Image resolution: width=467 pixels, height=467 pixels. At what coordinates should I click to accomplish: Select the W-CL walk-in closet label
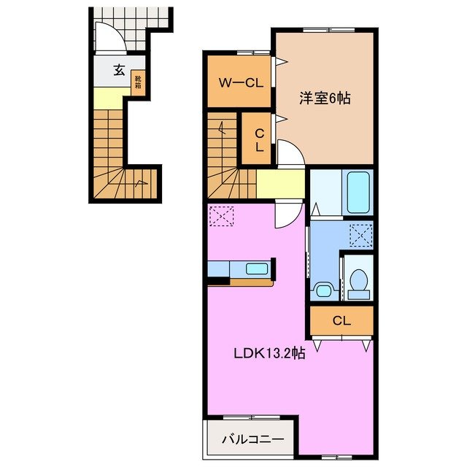click(237, 82)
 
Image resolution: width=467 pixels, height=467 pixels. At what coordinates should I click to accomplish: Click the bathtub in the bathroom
click(358, 192)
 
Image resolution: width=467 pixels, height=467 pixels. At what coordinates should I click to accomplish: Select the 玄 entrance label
click(117, 70)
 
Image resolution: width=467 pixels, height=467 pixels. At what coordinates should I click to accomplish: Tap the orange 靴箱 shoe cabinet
click(137, 82)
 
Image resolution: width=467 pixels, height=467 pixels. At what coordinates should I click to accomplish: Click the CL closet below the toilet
click(341, 320)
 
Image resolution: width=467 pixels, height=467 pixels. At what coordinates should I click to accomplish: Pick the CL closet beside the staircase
click(258, 138)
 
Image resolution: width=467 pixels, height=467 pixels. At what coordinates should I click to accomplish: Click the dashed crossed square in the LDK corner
click(220, 216)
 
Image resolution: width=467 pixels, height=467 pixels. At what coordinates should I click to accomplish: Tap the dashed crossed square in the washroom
click(360, 234)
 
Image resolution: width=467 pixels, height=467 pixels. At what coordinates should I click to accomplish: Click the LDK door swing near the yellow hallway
click(288, 213)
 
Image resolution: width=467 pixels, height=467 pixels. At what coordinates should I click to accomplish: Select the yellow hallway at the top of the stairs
click(279, 184)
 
